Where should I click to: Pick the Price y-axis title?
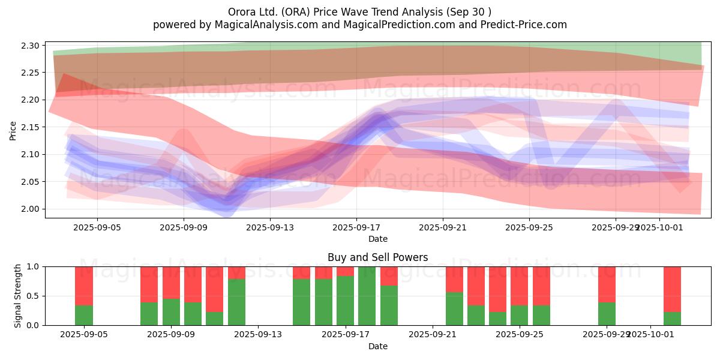13,130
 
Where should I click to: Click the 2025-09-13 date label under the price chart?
270,227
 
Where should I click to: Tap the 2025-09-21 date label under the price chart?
443,227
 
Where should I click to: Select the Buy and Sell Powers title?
377,257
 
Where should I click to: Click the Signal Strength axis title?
18,296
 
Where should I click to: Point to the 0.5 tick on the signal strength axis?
34,296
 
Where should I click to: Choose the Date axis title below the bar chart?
377,346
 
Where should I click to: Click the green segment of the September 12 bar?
236,302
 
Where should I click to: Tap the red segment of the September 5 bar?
84,286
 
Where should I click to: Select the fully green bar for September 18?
367,296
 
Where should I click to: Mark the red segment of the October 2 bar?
672,289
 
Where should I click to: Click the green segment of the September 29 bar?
607,313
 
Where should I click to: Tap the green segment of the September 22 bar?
454,308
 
